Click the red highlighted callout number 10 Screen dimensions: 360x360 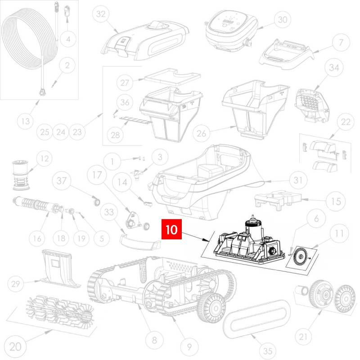coord(172,229)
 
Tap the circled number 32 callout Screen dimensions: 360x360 coord(101,14)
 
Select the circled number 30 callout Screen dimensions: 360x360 coord(283,19)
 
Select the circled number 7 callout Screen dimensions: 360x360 coord(341,42)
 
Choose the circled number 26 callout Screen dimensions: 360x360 coord(201,133)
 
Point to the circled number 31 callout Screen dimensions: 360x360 coord(298,180)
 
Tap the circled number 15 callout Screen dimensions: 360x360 coord(336,201)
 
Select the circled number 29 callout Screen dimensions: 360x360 coord(16,284)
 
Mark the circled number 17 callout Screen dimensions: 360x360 coord(97,175)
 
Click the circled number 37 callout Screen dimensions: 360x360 coord(61,181)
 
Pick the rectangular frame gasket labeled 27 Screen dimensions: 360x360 coord(172,77)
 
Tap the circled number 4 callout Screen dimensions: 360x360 coord(68,39)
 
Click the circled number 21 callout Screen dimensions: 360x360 coord(303,337)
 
